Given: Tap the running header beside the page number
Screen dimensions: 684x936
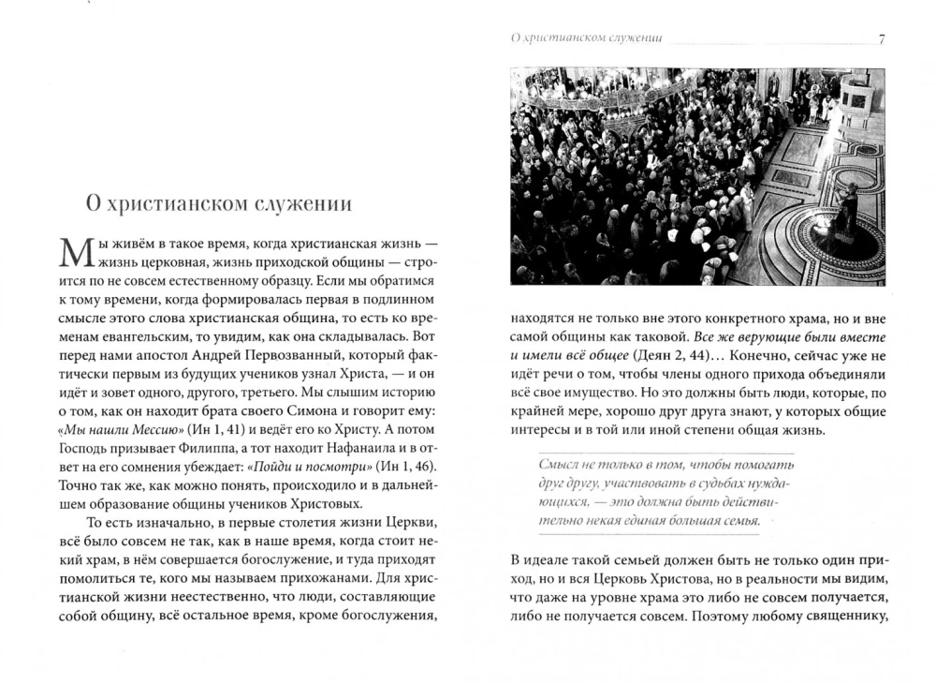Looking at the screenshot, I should point(581,39).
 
